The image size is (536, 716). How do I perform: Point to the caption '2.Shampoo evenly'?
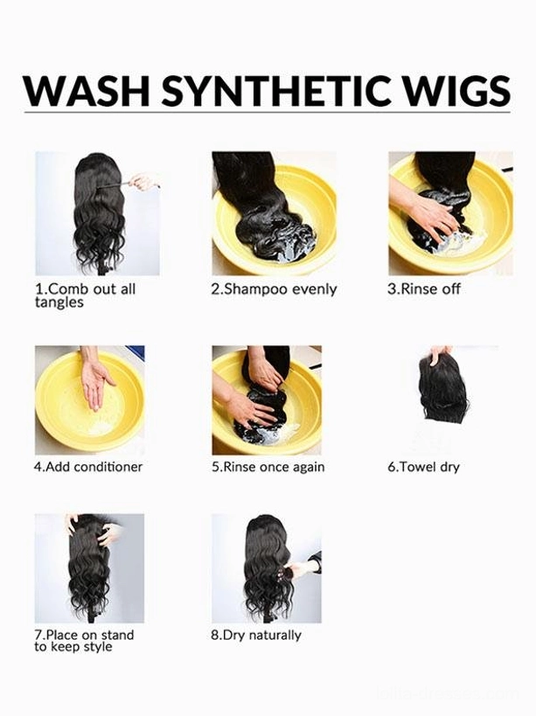(x=274, y=289)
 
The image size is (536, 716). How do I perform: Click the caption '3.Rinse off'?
(x=424, y=289)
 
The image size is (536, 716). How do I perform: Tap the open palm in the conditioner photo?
(x=95, y=381)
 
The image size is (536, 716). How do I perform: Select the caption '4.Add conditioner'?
(x=88, y=467)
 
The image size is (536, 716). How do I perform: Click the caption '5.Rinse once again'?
(x=268, y=467)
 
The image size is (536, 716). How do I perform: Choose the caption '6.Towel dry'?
(x=423, y=467)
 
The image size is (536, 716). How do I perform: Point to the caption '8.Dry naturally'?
(x=256, y=636)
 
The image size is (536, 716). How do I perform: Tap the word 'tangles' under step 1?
(x=59, y=302)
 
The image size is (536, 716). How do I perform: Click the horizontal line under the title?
(x=267, y=112)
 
